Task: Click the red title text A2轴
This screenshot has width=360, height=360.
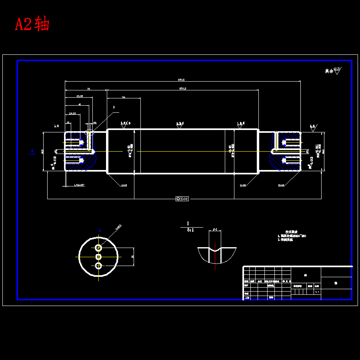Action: tap(32, 24)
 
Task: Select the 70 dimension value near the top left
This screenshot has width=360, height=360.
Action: tap(88, 88)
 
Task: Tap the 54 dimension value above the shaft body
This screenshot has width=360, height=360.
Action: tap(124, 97)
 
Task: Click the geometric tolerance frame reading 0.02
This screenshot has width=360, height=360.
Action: tap(182, 198)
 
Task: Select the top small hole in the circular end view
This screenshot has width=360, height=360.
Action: tap(98, 248)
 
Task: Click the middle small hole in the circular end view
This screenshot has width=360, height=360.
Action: tap(98, 257)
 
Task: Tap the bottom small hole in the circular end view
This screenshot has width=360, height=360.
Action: tap(98, 266)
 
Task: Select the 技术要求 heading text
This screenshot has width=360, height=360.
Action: tap(292, 232)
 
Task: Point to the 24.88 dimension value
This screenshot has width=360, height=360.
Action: tap(72, 113)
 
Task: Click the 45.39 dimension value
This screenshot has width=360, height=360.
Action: tap(80, 96)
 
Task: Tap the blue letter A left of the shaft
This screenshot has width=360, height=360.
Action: tap(32, 151)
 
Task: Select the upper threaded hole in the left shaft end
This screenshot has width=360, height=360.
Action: tap(74, 142)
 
